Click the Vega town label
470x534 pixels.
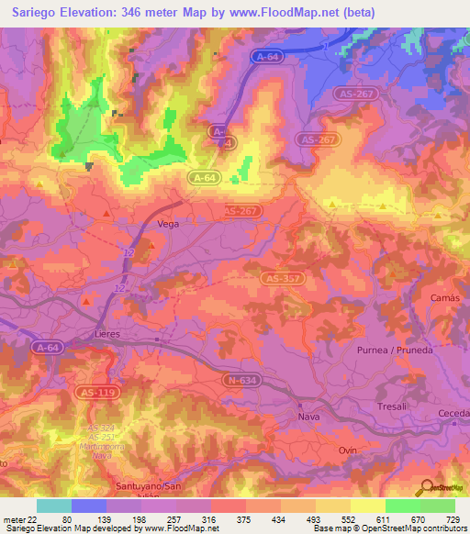169,224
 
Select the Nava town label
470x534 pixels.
308,417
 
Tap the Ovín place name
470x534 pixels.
347,450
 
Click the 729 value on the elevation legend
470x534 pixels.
451,519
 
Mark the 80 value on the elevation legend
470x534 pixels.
66,519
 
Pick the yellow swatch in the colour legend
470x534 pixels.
367,506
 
